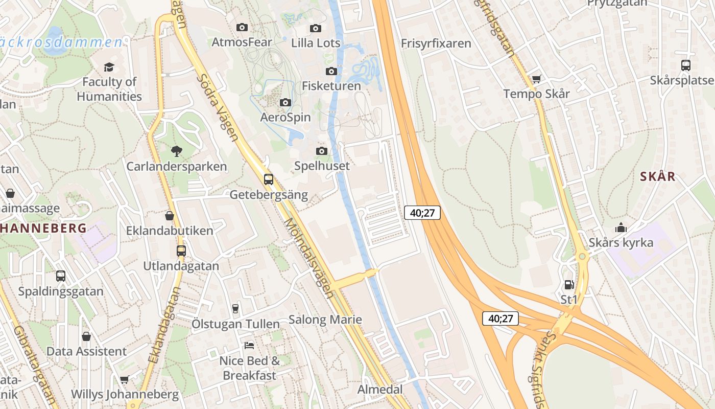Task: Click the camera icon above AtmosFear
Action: [242, 27]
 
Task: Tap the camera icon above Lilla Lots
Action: [316, 28]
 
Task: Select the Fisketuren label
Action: [331, 86]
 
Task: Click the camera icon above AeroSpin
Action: [285, 103]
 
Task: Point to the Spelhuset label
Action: [322, 166]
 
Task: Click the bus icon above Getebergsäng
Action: [269, 179]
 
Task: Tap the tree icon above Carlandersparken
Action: [177, 151]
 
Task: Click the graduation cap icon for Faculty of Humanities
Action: [109, 67]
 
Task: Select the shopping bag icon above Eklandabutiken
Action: [170, 216]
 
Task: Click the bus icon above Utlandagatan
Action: [181, 251]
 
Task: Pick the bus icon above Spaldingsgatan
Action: [61, 276]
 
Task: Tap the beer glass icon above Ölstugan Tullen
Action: [235, 308]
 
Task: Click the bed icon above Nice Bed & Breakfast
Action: [249, 346]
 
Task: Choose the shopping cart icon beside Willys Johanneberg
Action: [124, 379]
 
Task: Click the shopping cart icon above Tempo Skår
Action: [536, 79]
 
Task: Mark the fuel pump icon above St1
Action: [569, 285]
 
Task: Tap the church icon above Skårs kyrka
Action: [621, 228]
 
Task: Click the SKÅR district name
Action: [658, 177]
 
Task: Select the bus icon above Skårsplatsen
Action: [686, 65]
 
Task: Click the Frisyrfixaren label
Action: [436, 43]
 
